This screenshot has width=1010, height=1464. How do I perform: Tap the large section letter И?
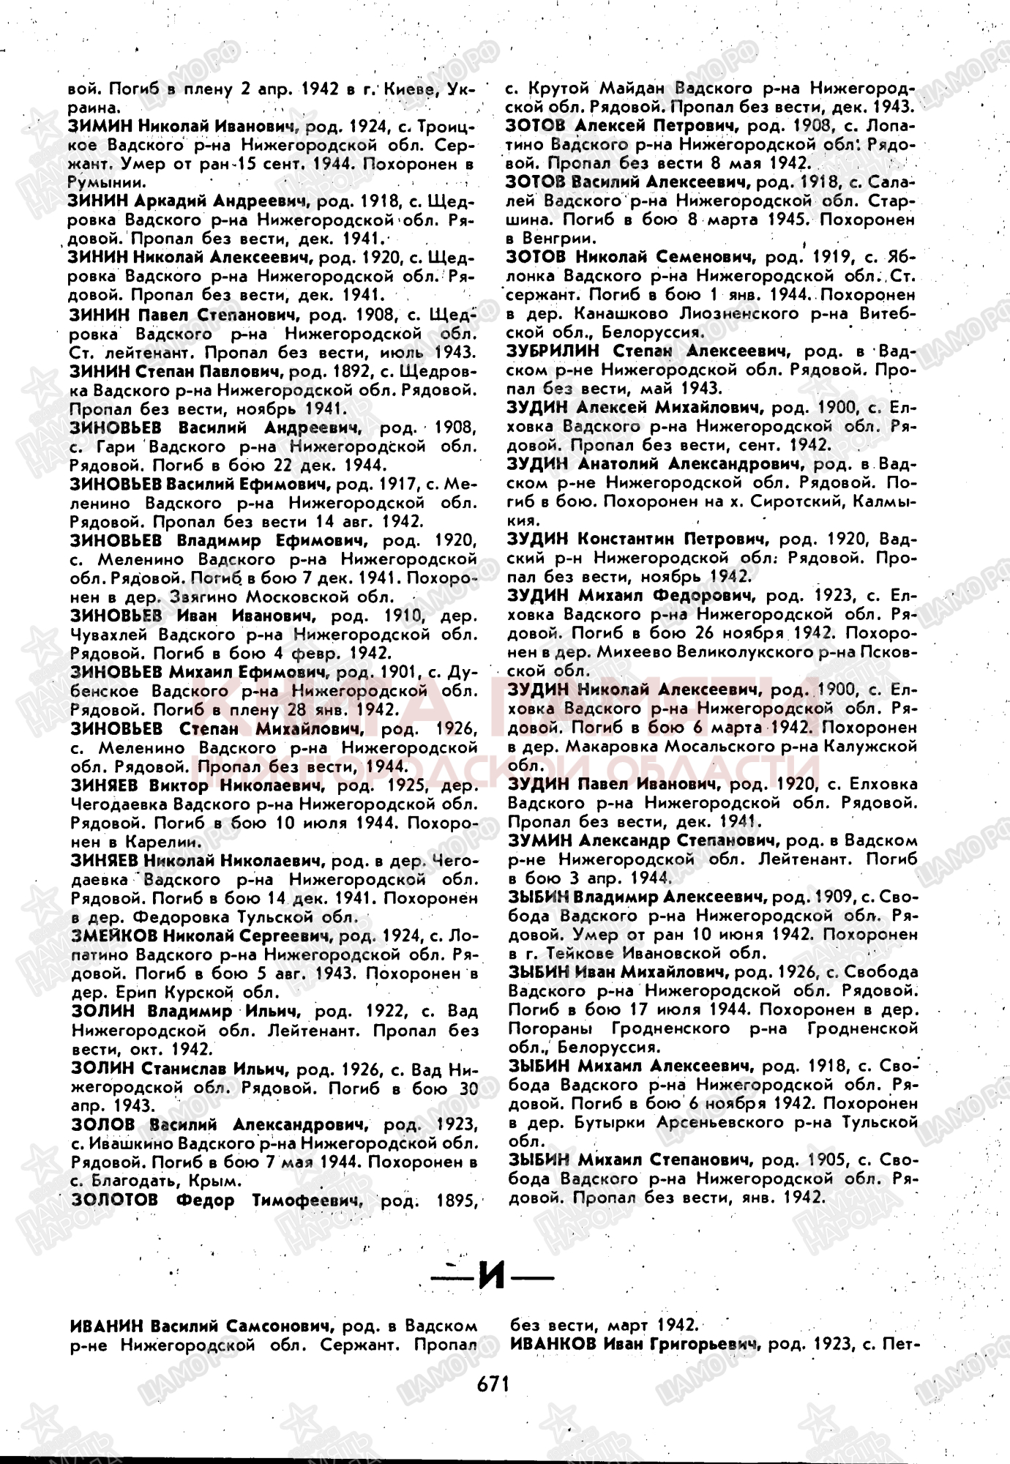(x=492, y=1277)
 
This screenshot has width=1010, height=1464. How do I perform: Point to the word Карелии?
(x=160, y=842)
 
